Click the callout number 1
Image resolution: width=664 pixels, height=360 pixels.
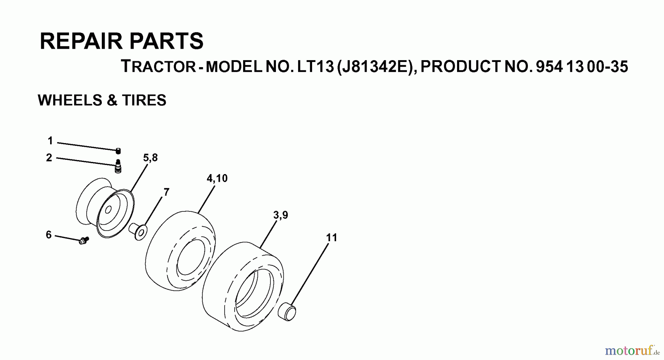coord(50,141)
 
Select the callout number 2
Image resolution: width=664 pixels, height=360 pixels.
coord(49,158)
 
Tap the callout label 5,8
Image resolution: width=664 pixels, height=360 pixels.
coord(150,158)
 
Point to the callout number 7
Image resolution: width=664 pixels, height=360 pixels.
coord(166,192)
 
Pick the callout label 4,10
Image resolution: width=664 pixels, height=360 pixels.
coord(217,179)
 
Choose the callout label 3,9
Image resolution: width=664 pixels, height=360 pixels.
coord(280,215)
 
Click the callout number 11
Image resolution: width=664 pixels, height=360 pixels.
coord(332,238)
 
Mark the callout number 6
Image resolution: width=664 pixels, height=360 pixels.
coord(49,235)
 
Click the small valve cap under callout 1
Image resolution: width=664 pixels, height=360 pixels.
coord(118,150)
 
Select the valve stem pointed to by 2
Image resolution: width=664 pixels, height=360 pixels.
coord(118,166)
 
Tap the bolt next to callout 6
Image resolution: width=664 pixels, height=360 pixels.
coord(84,240)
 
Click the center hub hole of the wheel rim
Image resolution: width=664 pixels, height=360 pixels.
coord(108,210)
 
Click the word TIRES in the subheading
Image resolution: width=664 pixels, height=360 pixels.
coord(144,100)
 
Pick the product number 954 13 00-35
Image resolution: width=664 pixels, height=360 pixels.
coord(582,67)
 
